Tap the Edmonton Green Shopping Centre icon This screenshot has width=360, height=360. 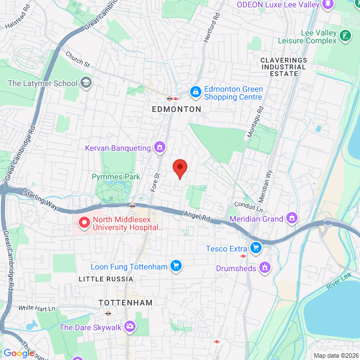coord(195,91)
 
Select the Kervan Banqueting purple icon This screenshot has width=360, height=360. coord(160,148)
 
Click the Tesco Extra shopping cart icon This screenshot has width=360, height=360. coord(256,247)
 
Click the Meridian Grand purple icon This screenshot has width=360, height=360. coord(291,218)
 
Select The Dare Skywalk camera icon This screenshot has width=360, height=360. coord(130,327)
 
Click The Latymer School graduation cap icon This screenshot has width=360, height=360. coord(85,84)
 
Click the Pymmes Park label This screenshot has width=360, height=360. coord(116,177)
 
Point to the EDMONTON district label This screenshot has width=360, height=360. coord(177,109)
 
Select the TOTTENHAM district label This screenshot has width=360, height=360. coord(125,303)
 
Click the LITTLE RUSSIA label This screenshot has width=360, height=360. coord(106,279)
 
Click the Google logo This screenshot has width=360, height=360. coord(19,353)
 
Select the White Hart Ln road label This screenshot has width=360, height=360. coord(37,308)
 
